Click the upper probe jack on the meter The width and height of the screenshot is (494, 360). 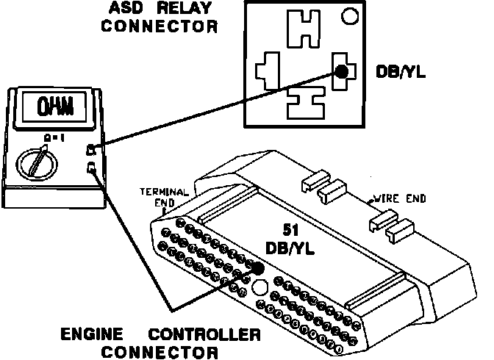(x=90, y=150)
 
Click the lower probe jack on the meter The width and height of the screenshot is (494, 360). (x=90, y=169)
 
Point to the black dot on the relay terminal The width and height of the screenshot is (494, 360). (x=341, y=72)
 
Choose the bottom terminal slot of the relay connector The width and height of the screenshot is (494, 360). (x=303, y=105)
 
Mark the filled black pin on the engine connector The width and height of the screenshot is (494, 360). (x=257, y=268)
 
